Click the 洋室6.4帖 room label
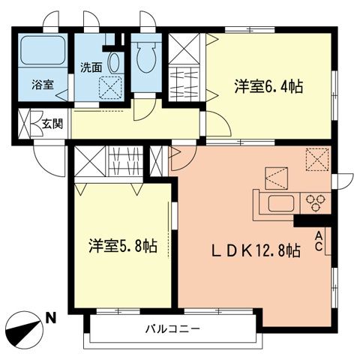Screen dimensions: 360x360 268,87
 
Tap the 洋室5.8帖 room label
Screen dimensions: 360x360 123,245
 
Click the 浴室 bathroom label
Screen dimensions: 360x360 42,85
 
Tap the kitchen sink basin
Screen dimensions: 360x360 280,202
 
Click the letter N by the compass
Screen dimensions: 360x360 50,318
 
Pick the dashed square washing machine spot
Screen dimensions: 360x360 112,88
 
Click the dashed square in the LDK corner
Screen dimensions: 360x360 318,158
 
